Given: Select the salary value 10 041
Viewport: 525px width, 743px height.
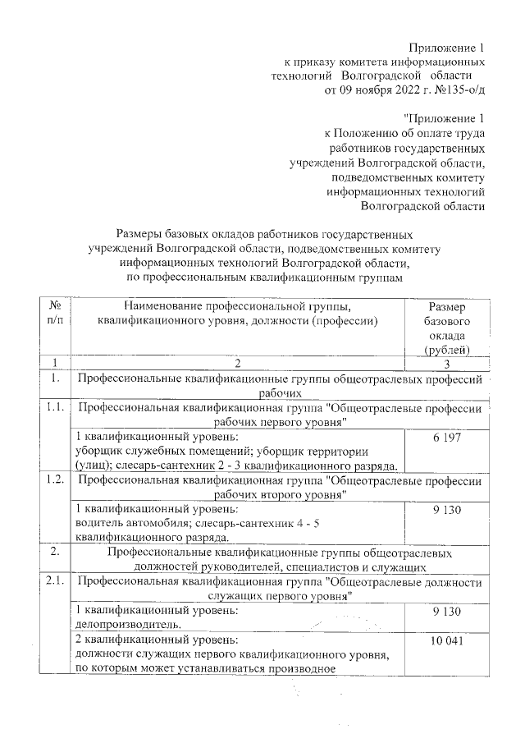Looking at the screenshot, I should (447, 640).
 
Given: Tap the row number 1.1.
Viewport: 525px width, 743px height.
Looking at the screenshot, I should (55, 407).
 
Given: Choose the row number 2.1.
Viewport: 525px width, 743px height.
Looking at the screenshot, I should (55, 582).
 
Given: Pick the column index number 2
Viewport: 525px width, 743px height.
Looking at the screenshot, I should (239, 363).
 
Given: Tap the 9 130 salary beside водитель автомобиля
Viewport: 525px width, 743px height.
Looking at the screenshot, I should (447, 511).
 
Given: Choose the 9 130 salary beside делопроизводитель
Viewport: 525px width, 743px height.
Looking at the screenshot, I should (447, 612).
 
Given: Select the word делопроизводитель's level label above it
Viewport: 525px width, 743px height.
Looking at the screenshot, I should (157, 611).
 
